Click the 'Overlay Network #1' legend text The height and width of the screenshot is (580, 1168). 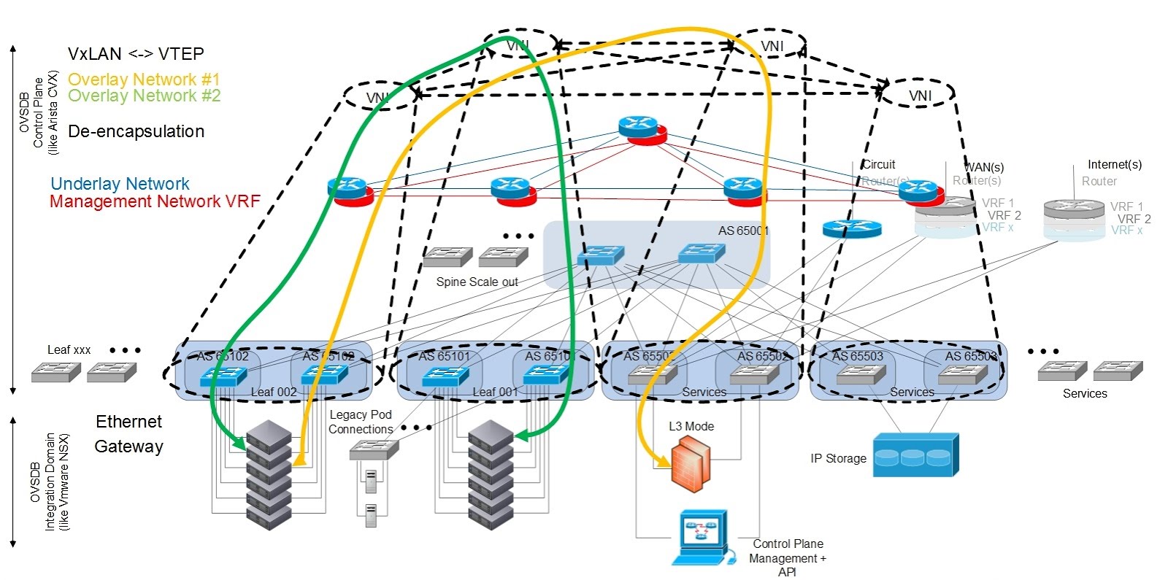144,79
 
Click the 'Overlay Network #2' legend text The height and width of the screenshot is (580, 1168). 144,96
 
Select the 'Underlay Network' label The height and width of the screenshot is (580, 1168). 120,184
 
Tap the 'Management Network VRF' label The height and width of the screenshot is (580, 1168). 155,201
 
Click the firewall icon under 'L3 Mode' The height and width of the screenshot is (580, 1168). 690,463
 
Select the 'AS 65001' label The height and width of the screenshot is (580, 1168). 743,231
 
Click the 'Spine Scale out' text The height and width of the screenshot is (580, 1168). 477,282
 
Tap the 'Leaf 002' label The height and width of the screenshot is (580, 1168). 274,392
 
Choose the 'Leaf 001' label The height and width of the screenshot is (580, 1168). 495,392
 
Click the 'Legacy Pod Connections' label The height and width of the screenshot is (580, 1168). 361,422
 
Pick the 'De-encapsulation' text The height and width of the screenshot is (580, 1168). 136,131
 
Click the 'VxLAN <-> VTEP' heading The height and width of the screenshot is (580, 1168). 136,53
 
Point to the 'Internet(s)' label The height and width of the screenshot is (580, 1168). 1114,165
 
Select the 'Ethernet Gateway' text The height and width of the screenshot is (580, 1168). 128,434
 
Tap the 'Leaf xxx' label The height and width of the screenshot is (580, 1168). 69,350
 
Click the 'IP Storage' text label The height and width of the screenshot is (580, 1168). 838,458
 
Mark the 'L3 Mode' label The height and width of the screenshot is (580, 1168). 691,426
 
